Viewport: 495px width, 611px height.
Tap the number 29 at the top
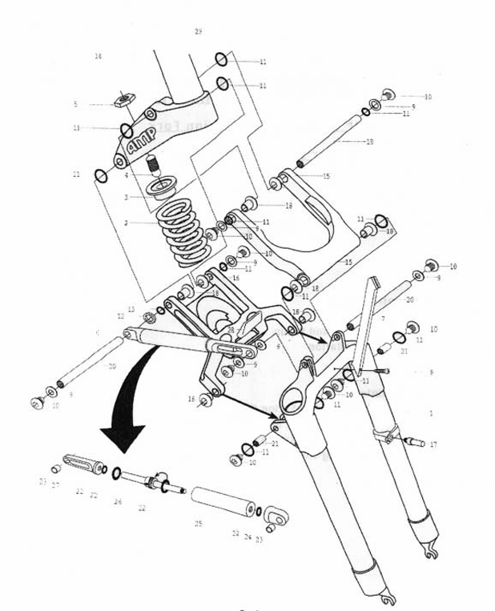[x=198, y=31]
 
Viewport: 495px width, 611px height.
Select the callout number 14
[x=99, y=56]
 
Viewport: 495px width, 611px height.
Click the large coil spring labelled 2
[x=181, y=231]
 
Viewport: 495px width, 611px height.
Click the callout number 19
[x=369, y=142]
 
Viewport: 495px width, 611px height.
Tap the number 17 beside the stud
[x=433, y=444]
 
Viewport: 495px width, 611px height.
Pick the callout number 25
[x=199, y=525]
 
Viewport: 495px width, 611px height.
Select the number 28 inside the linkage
[x=230, y=330]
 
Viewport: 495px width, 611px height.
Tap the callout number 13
[x=131, y=309]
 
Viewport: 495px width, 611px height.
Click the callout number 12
[x=121, y=316]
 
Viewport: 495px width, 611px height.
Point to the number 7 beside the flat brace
[x=384, y=319]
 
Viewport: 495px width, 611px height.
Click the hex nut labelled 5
[x=123, y=101]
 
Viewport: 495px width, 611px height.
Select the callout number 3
[x=126, y=196]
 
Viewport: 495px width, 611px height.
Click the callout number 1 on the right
[x=431, y=413]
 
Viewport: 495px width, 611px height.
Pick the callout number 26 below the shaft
[x=119, y=502]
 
